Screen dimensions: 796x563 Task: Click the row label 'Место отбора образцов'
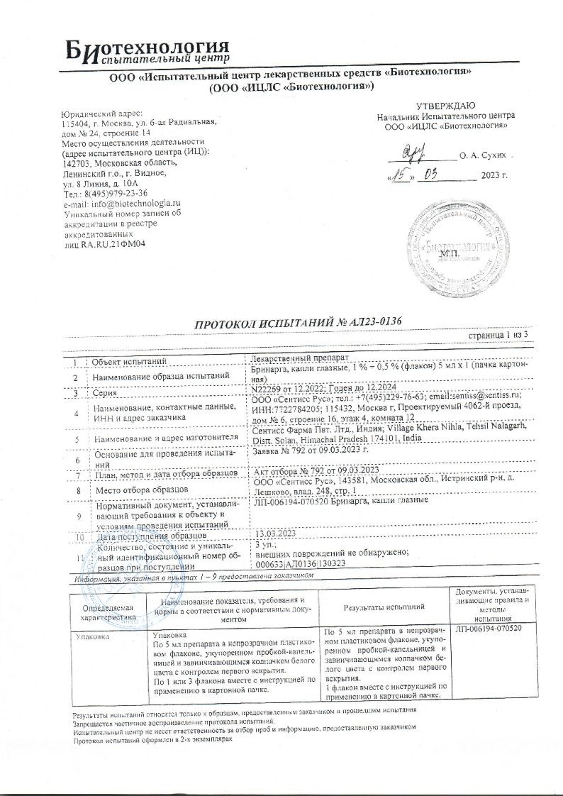pyautogui.click(x=140, y=490)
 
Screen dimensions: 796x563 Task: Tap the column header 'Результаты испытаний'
pyautogui.click(x=384, y=607)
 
